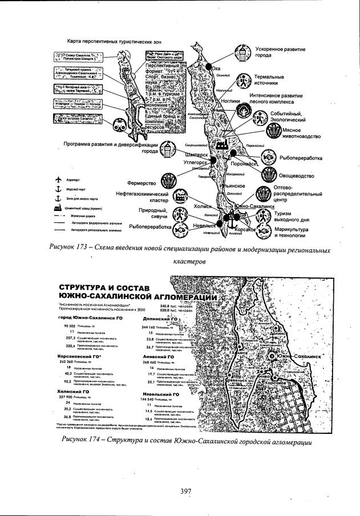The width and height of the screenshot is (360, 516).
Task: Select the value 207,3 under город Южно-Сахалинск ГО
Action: [71, 338]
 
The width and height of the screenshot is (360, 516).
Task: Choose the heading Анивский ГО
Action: [156, 356]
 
